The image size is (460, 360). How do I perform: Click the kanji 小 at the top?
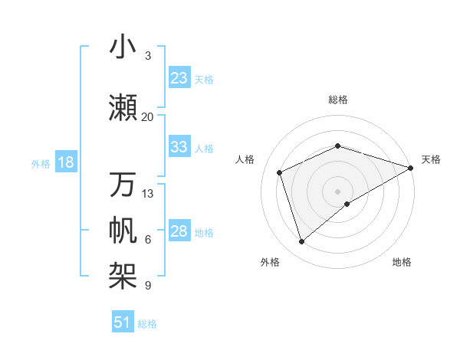coord(123,47)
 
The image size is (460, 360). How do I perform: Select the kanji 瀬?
coord(123,108)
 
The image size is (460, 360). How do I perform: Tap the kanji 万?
coord(123,185)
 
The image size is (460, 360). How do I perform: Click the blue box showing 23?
coord(179,78)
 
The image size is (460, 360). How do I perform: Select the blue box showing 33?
coord(179,147)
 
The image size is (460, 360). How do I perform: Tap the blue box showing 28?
coord(179,232)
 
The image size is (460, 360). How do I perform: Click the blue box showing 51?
coord(123,322)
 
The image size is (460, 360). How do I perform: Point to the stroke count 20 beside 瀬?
coord(148,116)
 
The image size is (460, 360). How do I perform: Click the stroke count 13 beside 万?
coord(148,193)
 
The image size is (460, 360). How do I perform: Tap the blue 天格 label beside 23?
coord(204,79)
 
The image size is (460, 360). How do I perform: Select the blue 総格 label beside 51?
coord(147,323)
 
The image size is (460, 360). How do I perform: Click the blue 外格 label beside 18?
coord(40,163)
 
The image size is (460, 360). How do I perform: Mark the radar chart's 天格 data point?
coord(411,169)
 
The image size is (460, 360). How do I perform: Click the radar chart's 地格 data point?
coord(347,204)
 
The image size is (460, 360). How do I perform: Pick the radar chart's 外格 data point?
coord(301,242)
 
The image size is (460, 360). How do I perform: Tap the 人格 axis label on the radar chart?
coord(245,159)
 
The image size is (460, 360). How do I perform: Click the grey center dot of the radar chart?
coord(337,190)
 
